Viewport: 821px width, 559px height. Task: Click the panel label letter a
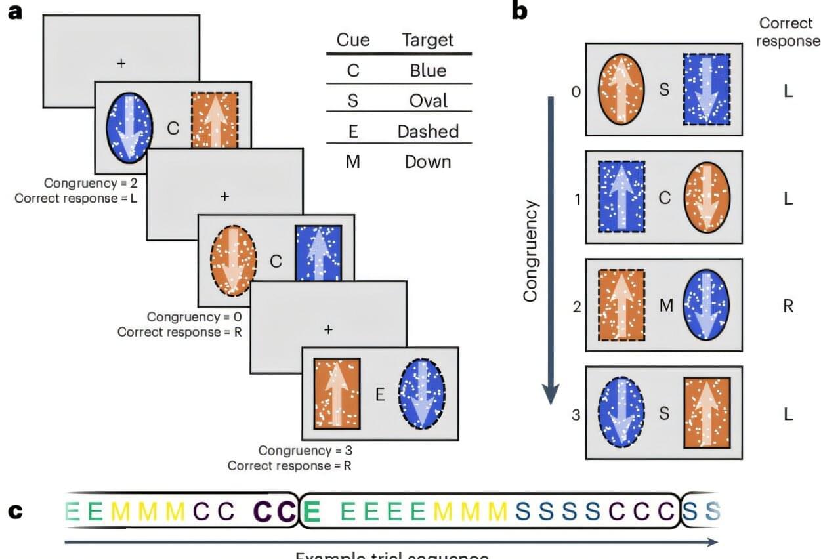(x=14, y=12)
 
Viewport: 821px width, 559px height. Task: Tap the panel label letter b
(x=518, y=12)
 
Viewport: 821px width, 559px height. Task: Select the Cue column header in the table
(x=353, y=40)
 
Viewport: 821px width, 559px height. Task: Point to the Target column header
(x=428, y=40)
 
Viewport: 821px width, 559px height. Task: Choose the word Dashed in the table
(x=428, y=131)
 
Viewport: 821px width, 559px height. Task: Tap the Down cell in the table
(x=428, y=161)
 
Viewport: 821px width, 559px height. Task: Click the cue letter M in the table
(x=353, y=161)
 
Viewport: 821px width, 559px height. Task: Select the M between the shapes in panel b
(x=664, y=305)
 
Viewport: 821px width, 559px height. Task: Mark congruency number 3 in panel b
(x=576, y=414)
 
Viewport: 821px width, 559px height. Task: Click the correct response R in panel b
(x=788, y=306)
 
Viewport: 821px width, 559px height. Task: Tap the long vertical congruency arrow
(x=552, y=249)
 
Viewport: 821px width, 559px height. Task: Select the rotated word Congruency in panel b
(x=530, y=251)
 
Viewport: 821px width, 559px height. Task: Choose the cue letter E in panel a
(x=379, y=394)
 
